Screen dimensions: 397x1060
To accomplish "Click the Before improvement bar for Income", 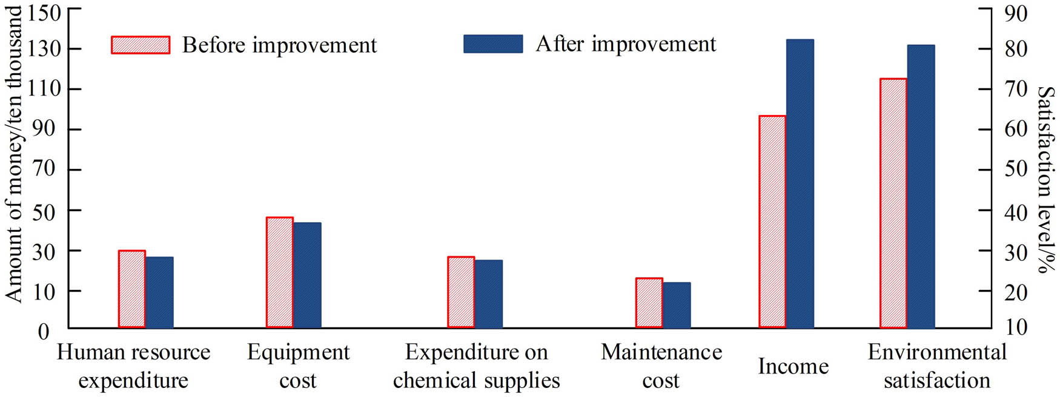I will pos(772,221).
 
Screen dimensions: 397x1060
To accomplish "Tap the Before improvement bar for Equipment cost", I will pos(280,272).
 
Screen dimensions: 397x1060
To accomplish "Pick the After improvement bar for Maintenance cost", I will pos(677,305).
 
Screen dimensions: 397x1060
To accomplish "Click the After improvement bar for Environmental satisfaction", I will pos(921,186).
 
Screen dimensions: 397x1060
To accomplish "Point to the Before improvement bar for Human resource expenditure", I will pos(131,289).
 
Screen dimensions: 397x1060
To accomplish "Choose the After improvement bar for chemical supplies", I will pos(488,294).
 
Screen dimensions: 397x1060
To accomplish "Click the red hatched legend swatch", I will pos(141,45).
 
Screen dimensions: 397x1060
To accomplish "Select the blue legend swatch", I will pos(493,44).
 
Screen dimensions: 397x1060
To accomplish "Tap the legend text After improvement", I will pos(626,44).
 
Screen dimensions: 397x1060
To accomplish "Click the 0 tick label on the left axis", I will pos(44,332).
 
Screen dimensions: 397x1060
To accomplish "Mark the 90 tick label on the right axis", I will pos(1015,13).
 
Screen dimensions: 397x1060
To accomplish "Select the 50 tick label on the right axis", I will pos(1015,169).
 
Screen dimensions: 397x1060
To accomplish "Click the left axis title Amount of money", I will pos(13,154).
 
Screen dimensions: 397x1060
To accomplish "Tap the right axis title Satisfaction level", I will pos(1045,180).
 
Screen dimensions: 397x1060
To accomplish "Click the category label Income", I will pos(793,366).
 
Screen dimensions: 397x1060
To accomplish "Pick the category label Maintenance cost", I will pos(661,366).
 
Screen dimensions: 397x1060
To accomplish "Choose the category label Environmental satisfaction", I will pos(937,366).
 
